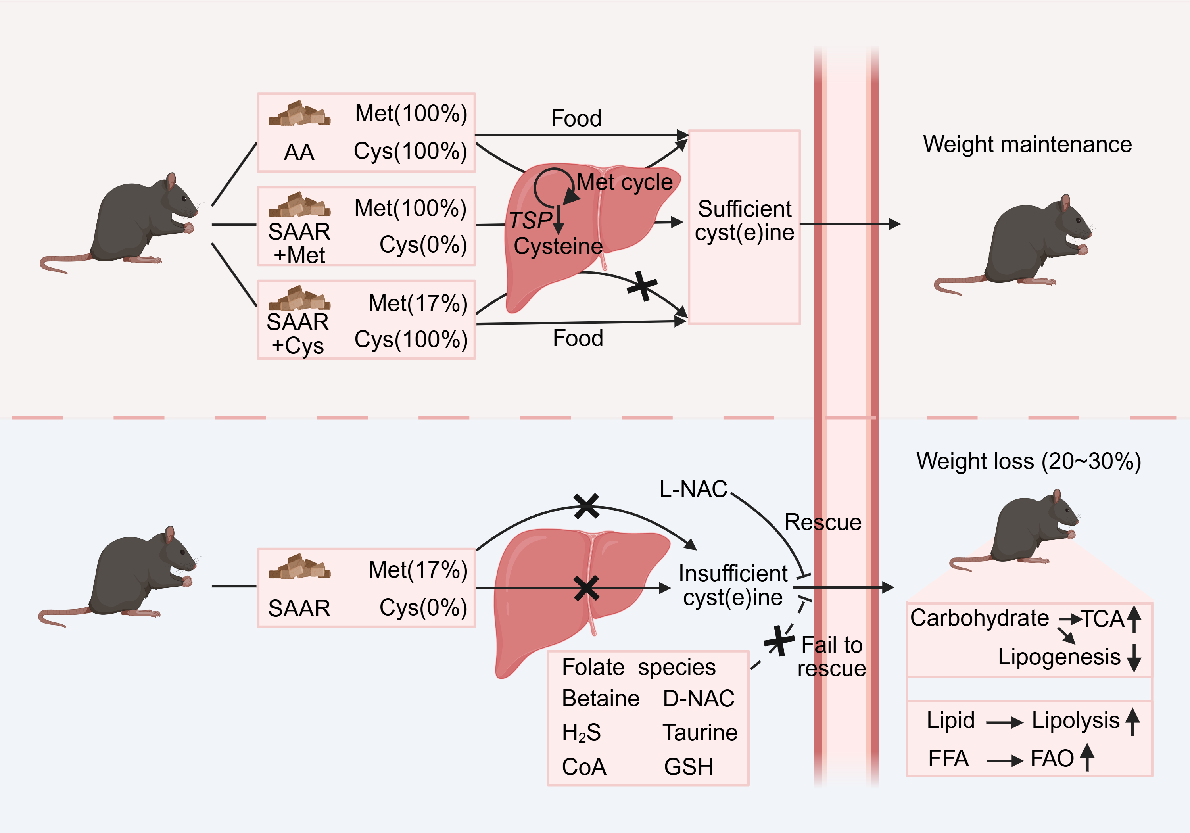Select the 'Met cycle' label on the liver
click(x=624, y=182)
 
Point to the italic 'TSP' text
click(x=530, y=220)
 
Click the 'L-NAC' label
click(x=693, y=489)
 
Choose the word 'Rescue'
click(x=823, y=522)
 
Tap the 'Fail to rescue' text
click(x=831, y=656)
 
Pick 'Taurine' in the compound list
click(x=700, y=732)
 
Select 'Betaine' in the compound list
click(x=601, y=698)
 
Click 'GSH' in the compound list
click(x=688, y=767)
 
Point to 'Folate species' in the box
click(x=639, y=667)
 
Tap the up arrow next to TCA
click(x=1134, y=619)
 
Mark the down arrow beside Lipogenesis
click(x=1134, y=658)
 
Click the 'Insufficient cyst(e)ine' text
click(x=733, y=585)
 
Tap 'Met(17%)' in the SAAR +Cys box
click(x=418, y=303)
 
